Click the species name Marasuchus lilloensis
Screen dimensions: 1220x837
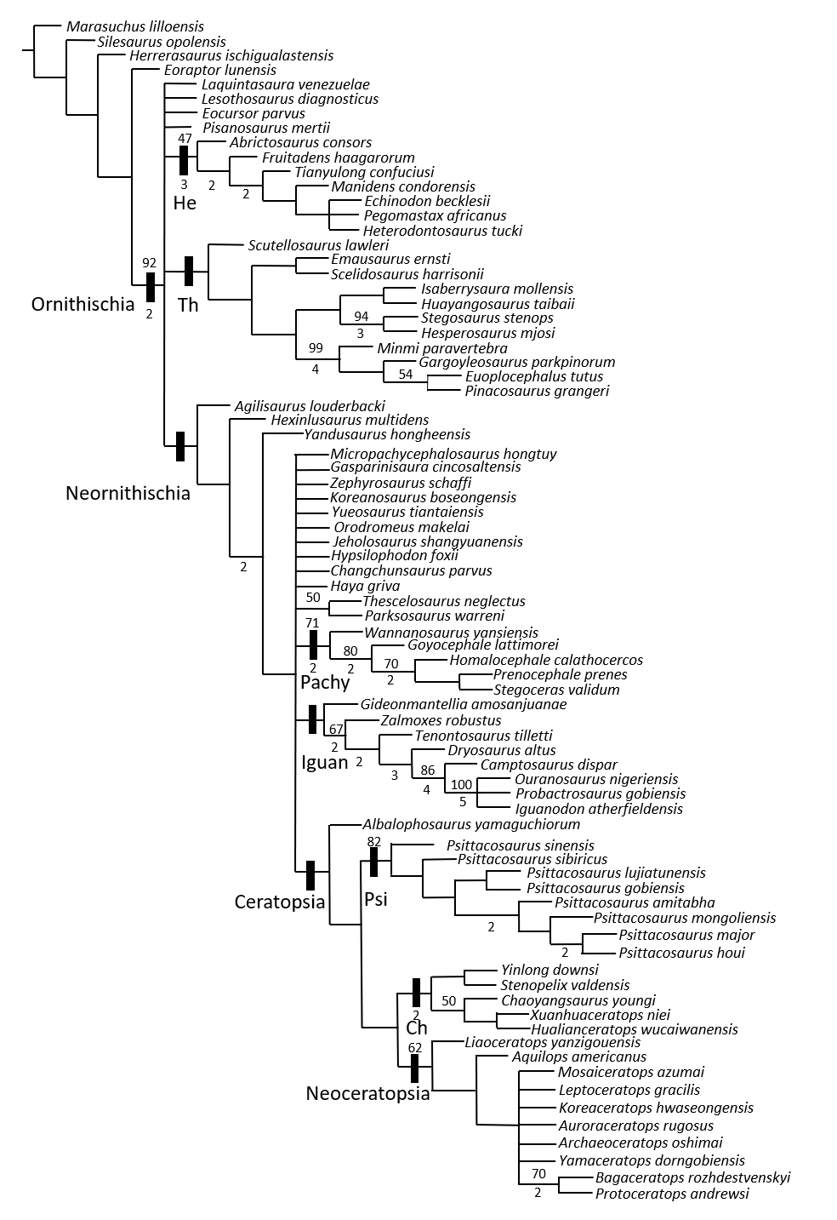click(134, 27)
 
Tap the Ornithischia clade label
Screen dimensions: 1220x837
click(83, 304)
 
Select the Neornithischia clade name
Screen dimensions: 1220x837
click(128, 493)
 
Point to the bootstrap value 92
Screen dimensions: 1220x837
click(150, 262)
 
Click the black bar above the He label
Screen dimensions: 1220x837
click(183, 162)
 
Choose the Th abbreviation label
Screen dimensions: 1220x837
click(188, 305)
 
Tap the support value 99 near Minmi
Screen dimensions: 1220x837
click(316, 347)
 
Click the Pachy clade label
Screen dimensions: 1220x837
click(325, 682)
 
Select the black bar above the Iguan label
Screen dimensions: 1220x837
click(313, 719)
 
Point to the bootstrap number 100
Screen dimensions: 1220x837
click(461, 784)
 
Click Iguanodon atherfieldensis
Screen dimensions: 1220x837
click(599, 809)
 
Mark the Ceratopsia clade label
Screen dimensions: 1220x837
click(280, 902)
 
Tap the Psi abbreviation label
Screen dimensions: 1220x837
click(376, 898)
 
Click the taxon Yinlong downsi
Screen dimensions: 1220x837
click(549, 970)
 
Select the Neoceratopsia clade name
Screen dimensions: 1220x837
click(367, 1094)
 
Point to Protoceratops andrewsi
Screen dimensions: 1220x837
click(672, 1194)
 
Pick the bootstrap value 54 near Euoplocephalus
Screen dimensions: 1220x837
click(406, 375)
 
